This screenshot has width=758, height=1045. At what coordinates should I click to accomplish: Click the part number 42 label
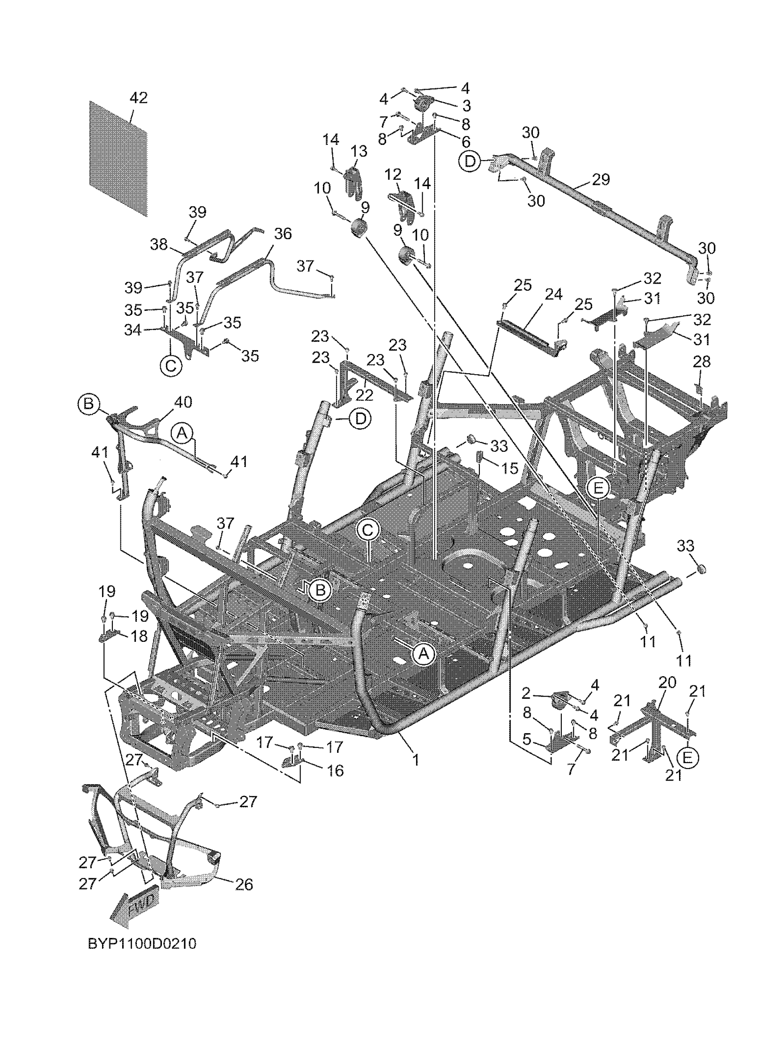(x=138, y=98)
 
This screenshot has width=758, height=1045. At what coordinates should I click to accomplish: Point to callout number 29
(x=601, y=179)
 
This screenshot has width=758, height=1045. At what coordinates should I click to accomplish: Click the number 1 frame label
(x=416, y=760)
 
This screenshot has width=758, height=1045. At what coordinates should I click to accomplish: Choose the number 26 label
(x=243, y=884)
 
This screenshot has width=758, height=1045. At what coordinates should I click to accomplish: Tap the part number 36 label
(x=282, y=234)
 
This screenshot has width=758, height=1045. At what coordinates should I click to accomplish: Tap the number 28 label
(x=701, y=362)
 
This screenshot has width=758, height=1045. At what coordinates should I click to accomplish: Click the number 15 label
(x=509, y=469)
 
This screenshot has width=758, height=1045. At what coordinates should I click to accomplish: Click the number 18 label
(x=139, y=636)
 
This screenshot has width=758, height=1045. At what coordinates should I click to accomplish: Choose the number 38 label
(x=159, y=244)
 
